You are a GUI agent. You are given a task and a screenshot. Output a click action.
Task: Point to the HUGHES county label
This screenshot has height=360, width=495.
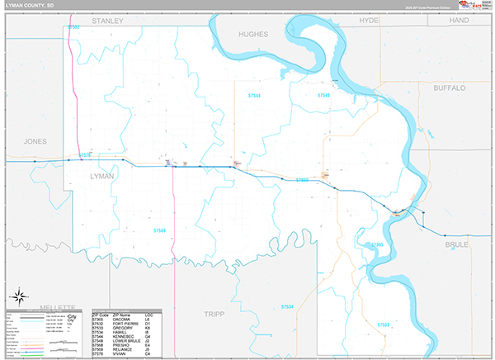click(x=252, y=34)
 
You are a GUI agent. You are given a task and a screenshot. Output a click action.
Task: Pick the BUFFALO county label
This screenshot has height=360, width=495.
click(x=449, y=87)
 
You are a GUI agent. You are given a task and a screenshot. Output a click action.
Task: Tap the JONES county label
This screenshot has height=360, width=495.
click(x=37, y=141)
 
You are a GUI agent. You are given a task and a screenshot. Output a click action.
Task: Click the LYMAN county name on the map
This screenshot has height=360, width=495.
click(x=101, y=177)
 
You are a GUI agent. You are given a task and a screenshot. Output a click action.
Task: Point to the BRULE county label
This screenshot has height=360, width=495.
click(x=456, y=245)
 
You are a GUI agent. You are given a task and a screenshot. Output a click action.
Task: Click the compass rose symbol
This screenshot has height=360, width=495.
click(x=18, y=296)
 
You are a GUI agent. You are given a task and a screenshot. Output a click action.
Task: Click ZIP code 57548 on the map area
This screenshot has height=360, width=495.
click(x=323, y=96)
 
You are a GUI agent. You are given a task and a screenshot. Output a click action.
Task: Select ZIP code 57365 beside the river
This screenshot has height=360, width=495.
click(x=377, y=244)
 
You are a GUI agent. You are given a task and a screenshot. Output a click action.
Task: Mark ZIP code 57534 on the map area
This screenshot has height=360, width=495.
click(x=286, y=307)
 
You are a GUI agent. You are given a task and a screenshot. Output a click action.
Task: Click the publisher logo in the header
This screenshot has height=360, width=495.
click(x=473, y=7)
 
